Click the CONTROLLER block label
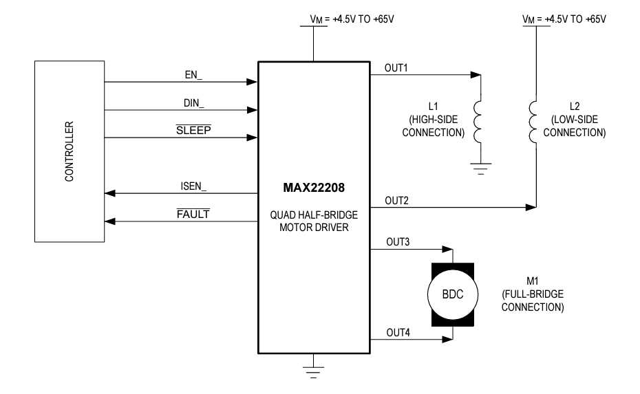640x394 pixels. [69, 152]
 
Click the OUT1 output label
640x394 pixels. [396, 67]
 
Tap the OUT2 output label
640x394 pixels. [396, 199]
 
